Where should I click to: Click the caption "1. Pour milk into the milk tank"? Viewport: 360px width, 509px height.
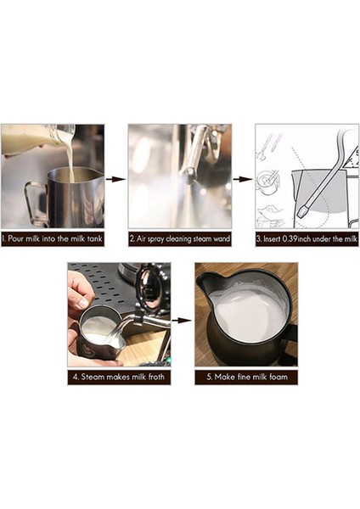coord(53,240)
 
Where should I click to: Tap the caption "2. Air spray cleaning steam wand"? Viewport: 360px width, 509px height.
coord(179,240)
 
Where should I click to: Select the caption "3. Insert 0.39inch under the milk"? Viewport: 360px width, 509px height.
coord(307,240)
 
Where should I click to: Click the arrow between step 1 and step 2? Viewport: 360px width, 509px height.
coord(116,179)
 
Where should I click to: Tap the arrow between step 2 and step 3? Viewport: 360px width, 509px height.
coord(243,179)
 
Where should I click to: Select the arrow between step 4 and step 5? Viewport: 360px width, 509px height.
coord(182,322)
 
